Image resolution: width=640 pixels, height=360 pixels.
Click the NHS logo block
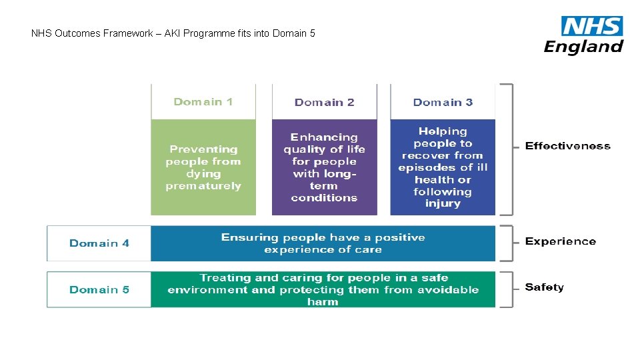(592, 26)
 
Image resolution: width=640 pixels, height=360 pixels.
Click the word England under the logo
(583, 46)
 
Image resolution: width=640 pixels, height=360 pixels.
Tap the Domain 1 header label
(203, 102)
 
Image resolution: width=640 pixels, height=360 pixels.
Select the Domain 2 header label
(324, 103)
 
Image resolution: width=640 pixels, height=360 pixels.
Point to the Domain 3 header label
(443, 103)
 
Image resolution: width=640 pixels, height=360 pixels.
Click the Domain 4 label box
(99, 243)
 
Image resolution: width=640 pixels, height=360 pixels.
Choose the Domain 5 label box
(99, 289)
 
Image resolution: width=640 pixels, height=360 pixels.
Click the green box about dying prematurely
(203, 167)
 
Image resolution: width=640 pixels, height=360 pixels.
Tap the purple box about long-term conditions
(324, 167)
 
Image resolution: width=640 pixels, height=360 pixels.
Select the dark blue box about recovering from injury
(443, 167)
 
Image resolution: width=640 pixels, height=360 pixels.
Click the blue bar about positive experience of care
(323, 243)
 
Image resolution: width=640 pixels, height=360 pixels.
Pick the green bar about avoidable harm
(323, 289)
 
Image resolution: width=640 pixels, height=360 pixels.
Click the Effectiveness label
(567, 146)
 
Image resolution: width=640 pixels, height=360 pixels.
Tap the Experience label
(560, 241)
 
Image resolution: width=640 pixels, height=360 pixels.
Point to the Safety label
(544, 287)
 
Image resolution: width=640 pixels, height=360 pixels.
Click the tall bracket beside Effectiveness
(510, 149)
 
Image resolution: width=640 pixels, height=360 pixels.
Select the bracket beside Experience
(510, 243)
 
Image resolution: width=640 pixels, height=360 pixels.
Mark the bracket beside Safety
(510, 289)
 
